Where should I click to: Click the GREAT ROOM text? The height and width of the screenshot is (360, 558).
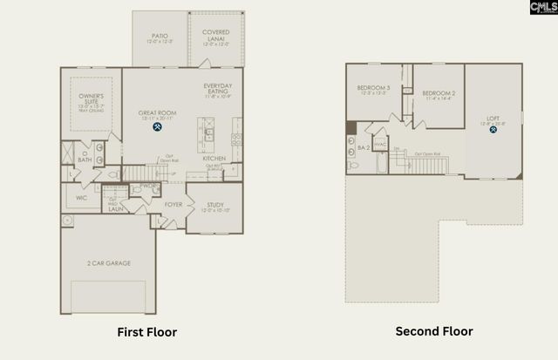pyautogui.click(x=158, y=113)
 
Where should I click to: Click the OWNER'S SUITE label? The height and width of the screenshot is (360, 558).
pyautogui.click(x=92, y=98)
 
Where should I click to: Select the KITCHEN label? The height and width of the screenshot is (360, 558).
pyautogui.click(x=215, y=159)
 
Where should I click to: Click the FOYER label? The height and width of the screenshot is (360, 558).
pyautogui.click(x=174, y=206)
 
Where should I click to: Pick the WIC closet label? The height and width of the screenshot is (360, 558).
pyautogui.click(x=81, y=198)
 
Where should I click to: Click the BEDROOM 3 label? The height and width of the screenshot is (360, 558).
pyautogui.click(x=373, y=88)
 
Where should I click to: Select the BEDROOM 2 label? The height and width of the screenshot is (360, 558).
pyautogui.click(x=439, y=92)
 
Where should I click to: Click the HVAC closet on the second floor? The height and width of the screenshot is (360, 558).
pyautogui.click(x=380, y=145)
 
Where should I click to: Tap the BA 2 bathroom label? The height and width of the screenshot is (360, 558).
pyautogui.click(x=361, y=147)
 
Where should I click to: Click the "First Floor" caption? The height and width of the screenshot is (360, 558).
pyautogui.click(x=147, y=332)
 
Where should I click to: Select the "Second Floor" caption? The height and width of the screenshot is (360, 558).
pyautogui.click(x=434, y=331)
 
